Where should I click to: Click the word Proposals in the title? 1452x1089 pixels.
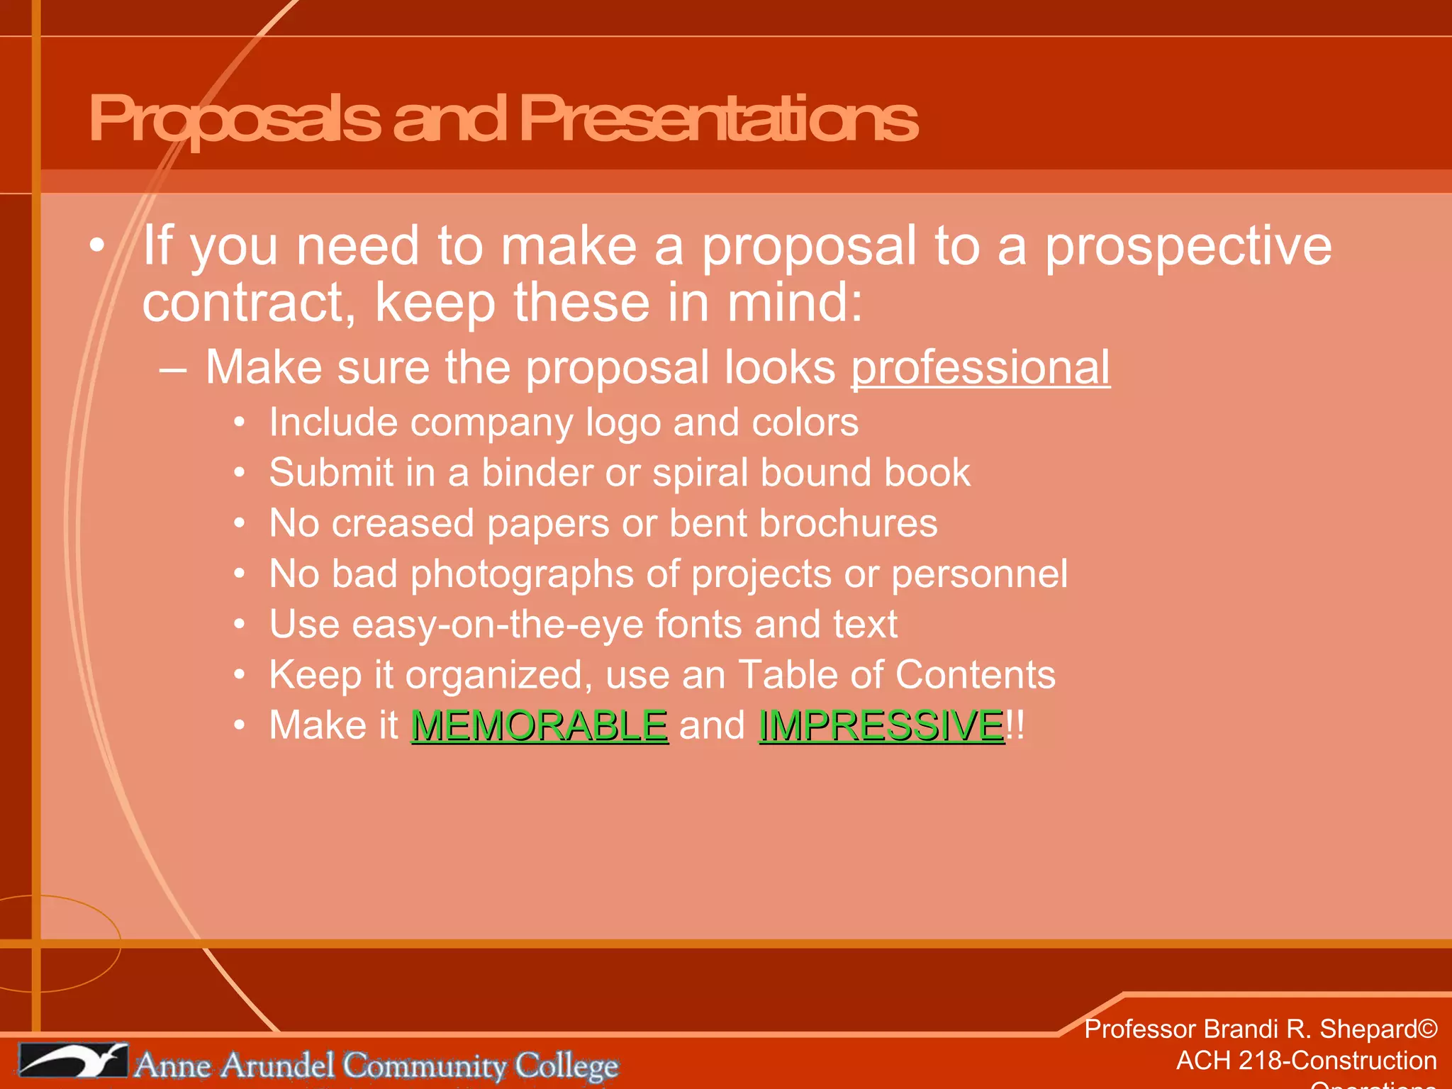[x=234, y=119]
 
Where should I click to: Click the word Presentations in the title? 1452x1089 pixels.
[x=717, y=119]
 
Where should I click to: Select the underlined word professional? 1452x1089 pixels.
[x=980, y=368]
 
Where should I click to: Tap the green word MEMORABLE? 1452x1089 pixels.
[x=539, y=726]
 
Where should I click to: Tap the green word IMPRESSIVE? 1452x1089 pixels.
[x=881, y=726]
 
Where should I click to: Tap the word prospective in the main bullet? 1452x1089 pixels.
[x=1188, y=246]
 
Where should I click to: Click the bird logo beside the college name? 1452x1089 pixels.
[x=72, y=1061]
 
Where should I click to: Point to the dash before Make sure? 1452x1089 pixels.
[x=173, y=369]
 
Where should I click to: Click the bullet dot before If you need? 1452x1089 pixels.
[x=97, y=246]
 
